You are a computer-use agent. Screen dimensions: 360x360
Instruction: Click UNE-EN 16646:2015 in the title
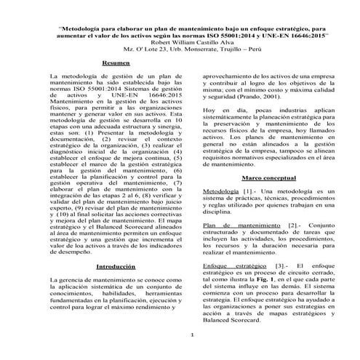coord(289,34)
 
